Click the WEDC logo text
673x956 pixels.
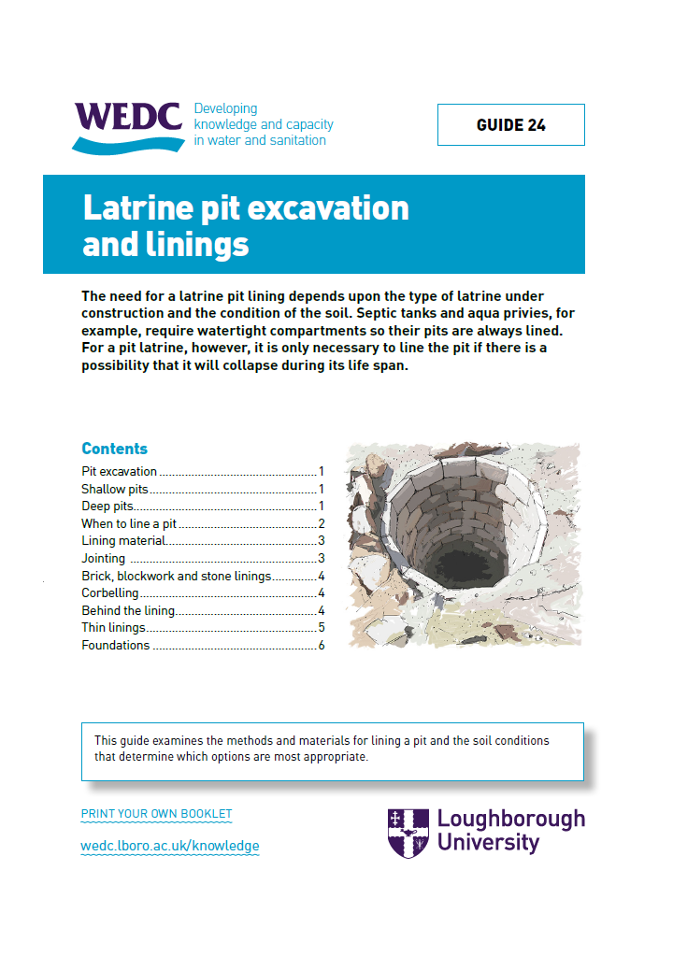[127, 117]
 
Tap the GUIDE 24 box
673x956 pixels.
[510, 125]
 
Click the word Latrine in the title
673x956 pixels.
[135, 207]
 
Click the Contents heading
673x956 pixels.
[114, 449]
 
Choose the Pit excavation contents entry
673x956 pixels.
[119, 472]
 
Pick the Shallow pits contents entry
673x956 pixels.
[115, 489]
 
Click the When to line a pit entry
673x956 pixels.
[128, 524]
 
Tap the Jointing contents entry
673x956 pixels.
[103, 559]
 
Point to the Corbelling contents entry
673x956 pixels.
[109, 593]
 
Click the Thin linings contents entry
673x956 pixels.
[113, 628]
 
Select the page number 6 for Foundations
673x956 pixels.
[321, 646]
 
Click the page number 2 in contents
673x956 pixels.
[321, 524]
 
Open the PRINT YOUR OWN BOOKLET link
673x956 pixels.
[156, 814]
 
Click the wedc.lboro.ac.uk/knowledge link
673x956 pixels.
[170, 846]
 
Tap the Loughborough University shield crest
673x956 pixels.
[408, 833]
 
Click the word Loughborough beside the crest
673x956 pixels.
[510, 820]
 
